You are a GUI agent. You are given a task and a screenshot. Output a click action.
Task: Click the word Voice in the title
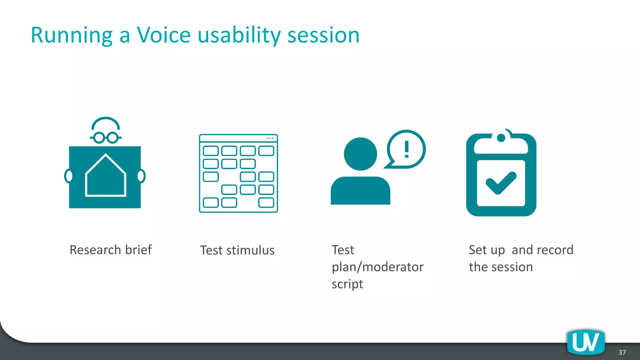(x=164, y=35)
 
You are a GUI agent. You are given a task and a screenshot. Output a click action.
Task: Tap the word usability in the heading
(x=239, y=35)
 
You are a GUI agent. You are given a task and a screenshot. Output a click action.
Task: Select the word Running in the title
(x=72, y=35)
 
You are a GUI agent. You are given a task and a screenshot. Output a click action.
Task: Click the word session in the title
(x=323, y=35)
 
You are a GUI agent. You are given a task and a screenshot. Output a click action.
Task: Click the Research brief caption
(x=111, y=250)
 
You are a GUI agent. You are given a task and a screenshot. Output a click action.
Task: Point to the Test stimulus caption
(x=237, y=250)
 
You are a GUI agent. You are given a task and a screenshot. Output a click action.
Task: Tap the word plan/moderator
(x=377, y=267)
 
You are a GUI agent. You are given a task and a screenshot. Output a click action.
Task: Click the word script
(x=347, y=284)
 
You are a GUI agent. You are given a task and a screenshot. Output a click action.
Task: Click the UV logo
(x=586, y=342)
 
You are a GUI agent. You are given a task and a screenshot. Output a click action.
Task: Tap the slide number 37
(x=622, y=352)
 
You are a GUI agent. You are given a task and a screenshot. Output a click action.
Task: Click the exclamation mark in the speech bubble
(x=407, y=149)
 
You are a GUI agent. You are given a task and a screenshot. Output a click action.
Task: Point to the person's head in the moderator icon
(x=360, y=154)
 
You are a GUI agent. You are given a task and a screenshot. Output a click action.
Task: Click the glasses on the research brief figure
(x=106, y=137)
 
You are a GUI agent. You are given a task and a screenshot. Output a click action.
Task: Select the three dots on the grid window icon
(x=270, y=138)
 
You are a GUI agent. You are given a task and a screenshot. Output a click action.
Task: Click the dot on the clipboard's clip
(x=501, y=138)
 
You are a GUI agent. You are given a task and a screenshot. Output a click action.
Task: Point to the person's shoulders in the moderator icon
(x=360, y=191)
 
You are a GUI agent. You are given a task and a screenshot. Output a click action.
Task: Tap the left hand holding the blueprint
(x=68, y=176)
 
